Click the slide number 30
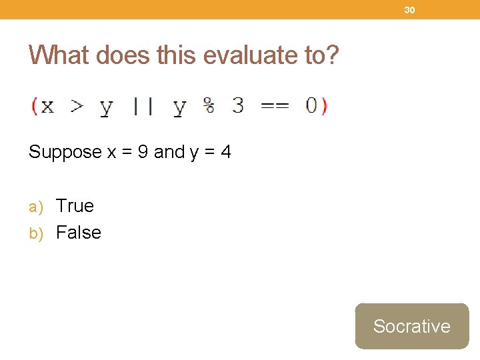(409, 10)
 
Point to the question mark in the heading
(332, 55)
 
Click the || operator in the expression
(143, 106)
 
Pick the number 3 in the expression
(238, 105)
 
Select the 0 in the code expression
(311, 105)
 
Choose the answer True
(75, 206)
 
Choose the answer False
(79, 233)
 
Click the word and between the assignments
(169, 152)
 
